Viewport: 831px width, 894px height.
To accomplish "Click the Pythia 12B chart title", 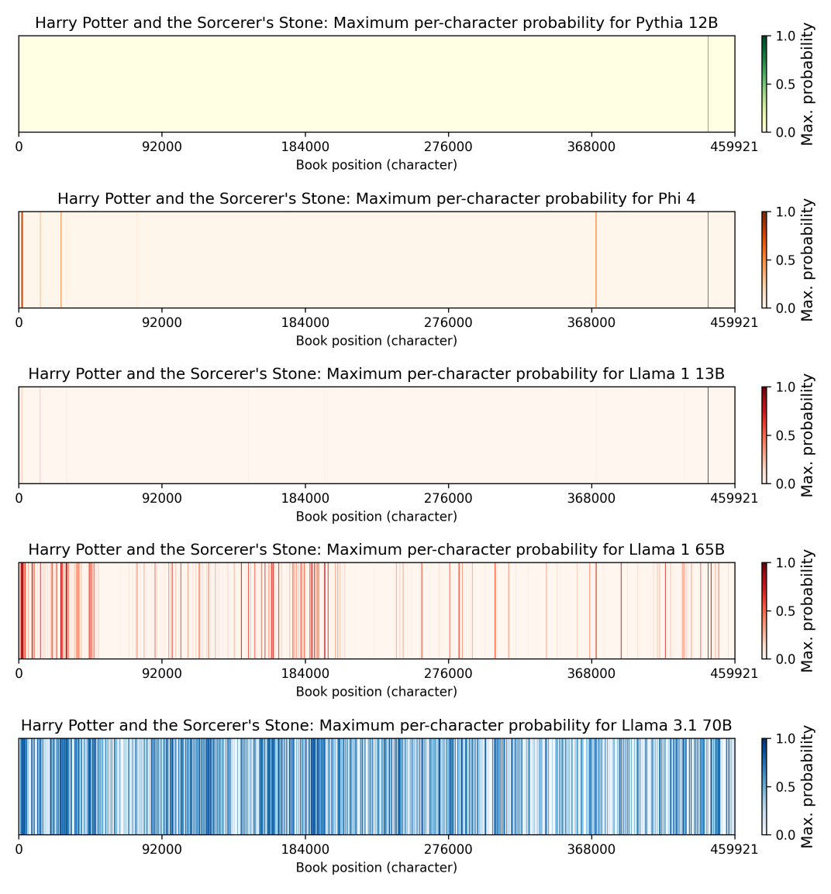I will pos(376,23).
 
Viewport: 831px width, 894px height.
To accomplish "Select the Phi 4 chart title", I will pos(376,199).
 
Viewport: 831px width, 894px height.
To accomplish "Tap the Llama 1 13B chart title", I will pos(376,374).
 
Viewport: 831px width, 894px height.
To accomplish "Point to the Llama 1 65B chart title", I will pos(376,550).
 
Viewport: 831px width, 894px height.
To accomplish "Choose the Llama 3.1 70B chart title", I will pos(376,726).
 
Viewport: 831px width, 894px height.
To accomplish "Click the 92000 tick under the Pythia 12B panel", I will pos(161,147).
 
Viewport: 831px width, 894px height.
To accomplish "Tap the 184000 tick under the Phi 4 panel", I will pos(305,323).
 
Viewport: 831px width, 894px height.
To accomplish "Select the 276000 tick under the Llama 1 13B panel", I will pos(448,498).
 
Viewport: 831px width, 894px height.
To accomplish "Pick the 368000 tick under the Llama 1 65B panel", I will pos(591,674).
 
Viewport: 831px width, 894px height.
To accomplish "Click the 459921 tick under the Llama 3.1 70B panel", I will pos(735,850).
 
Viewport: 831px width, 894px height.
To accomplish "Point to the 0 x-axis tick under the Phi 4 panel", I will pos(19,323).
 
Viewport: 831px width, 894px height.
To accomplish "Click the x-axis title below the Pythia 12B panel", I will pos(376,165).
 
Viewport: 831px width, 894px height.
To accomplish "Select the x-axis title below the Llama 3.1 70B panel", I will pos(376,868).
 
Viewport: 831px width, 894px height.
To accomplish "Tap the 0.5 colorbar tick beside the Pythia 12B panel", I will pos(784,84).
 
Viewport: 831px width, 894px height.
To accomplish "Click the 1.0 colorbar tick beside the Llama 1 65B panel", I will pos(784,562).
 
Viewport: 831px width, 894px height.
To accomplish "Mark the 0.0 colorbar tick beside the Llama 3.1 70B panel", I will pos(784,835).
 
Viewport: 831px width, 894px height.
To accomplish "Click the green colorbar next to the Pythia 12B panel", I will pos(764,84).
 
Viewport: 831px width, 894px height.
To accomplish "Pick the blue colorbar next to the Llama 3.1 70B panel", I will pos(764,786).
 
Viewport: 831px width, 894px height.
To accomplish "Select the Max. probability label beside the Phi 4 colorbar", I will pos(809,260).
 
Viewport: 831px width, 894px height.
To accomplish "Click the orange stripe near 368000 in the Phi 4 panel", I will pos(596,260).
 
